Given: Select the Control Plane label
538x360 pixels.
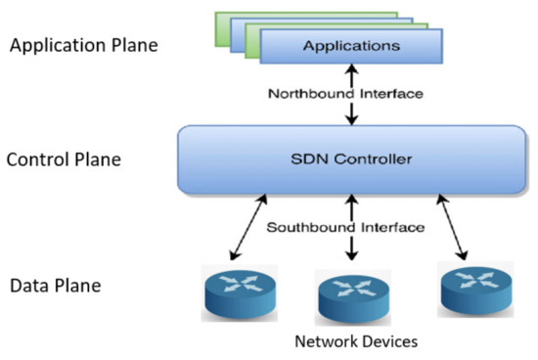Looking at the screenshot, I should click(x=65, y=157).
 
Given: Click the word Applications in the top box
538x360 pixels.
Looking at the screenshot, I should click(x=350, y=46).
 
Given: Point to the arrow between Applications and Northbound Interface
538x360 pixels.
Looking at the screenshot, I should click(x=350, y=74).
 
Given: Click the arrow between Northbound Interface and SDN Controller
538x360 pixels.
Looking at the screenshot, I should click(x=350, y=114).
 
